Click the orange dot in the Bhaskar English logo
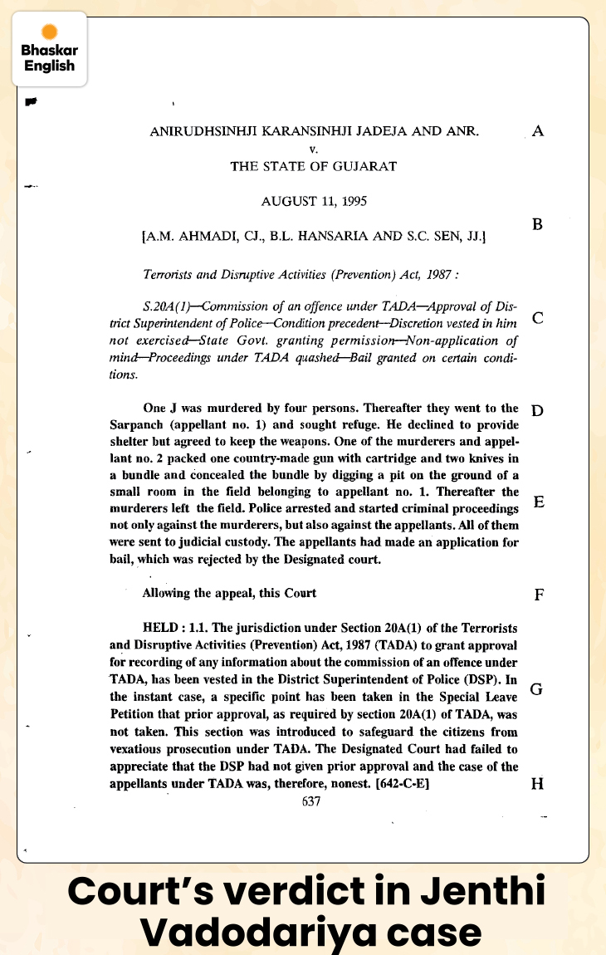(49, 32)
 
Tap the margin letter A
(538, 131)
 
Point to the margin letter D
(537, 411)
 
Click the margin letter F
(539, 595)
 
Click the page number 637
(311, 801)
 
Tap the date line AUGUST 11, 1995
(314, 200)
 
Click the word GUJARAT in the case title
(364, 165)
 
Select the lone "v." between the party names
(313, 149)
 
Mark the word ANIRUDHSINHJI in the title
(200, 132)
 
